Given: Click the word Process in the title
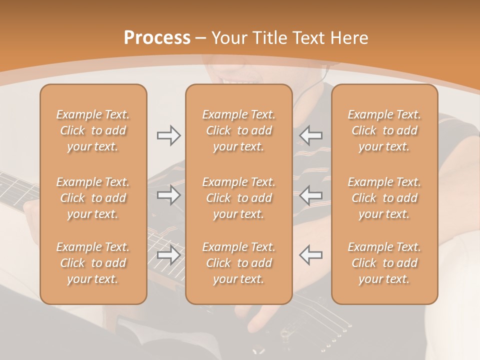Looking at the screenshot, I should pos(157,38).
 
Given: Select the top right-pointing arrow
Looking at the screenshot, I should pos(169,135).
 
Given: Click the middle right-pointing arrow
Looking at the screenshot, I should pos(169,195).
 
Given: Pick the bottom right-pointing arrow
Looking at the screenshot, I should pos(169,255).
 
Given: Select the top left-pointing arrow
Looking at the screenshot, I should pos(310,135).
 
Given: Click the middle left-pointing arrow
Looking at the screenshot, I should pos(310,195).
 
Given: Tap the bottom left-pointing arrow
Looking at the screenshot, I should pos(310,255).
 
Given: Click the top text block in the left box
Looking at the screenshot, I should pos(93,130).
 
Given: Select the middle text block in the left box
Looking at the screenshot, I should pos(93,198).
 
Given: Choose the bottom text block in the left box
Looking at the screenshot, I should pos(93,263).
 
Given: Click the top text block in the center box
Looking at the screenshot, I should pos(238,130).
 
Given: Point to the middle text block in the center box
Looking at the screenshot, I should pos(238,198).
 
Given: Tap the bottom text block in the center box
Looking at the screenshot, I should pos(238,263).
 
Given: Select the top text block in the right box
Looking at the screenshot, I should pos(384,130).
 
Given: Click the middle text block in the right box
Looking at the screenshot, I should pos(384,198).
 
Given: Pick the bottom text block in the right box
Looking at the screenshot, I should pos(384,263).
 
